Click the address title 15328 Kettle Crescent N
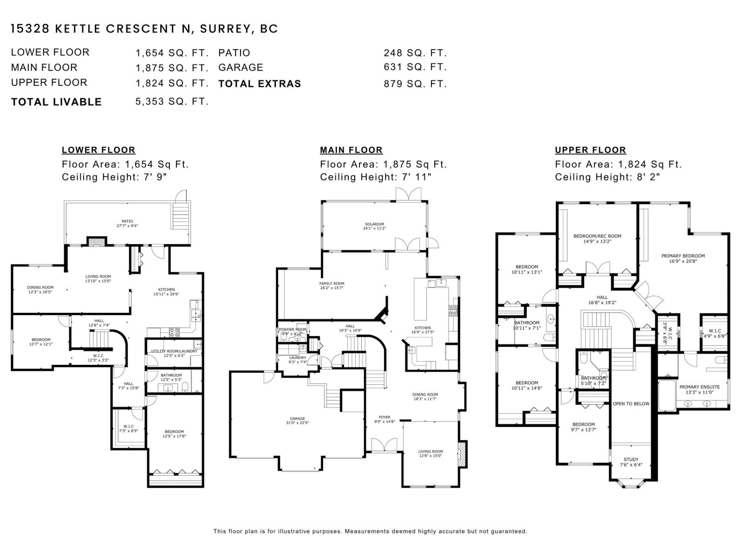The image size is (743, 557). pos(144,29)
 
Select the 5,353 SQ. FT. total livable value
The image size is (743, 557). pos(172,101)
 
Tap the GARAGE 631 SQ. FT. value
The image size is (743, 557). pos(415,67)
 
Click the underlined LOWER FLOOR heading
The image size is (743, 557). pos(98,150)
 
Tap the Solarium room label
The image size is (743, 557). pos(374,226)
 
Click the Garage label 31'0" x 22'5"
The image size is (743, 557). pos(297,421)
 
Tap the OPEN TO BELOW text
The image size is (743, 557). pos(631,403)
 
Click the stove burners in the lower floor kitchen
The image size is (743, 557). pos(175,332)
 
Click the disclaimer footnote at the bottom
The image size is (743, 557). pos(370,531)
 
